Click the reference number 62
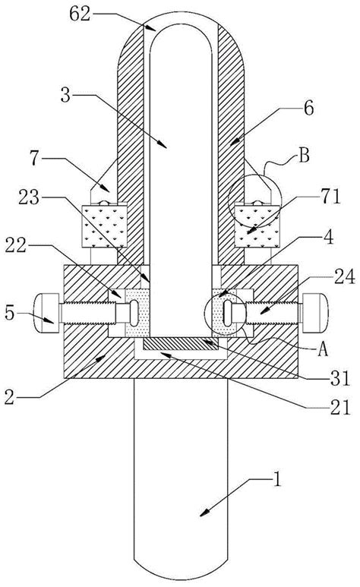pyautogui.click(x=81, y=14)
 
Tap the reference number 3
pyautogui.click(x=65, y=96)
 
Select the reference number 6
pyautogui.click(x=308, y=109)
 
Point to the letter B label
pyautogui.click(x=304, y=156)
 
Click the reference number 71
pyautogui.click(x=331, y=197)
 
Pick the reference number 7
pyautogui.click(x=35, y=159)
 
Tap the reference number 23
pyautogui.click(x=29, y=197)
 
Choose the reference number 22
pyautogui.click(x=16, y=245)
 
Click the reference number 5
pyautogui.click(x=9, y=313)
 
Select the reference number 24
pyautogui.click(x=344, y=277)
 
